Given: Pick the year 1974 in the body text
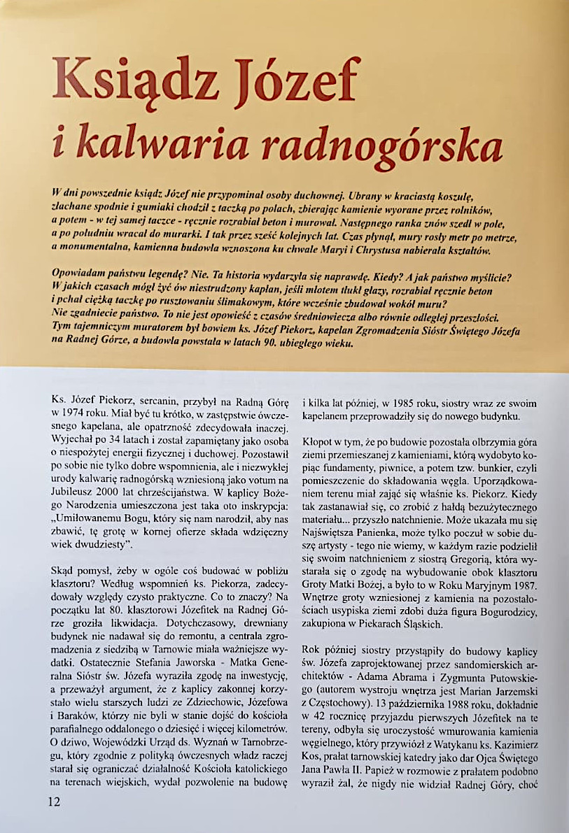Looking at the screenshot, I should coord(79,413).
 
